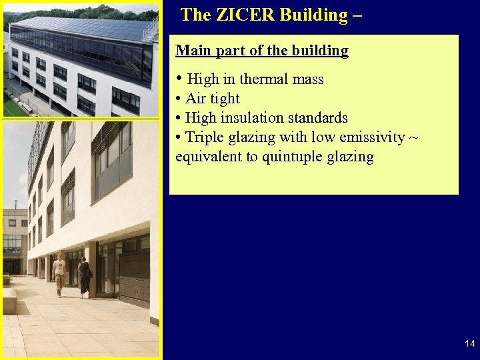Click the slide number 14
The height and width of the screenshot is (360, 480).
coord(469,344)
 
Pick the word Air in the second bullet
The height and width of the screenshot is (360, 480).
coord(196,99)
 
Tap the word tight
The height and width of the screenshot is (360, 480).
coord(225,99)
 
